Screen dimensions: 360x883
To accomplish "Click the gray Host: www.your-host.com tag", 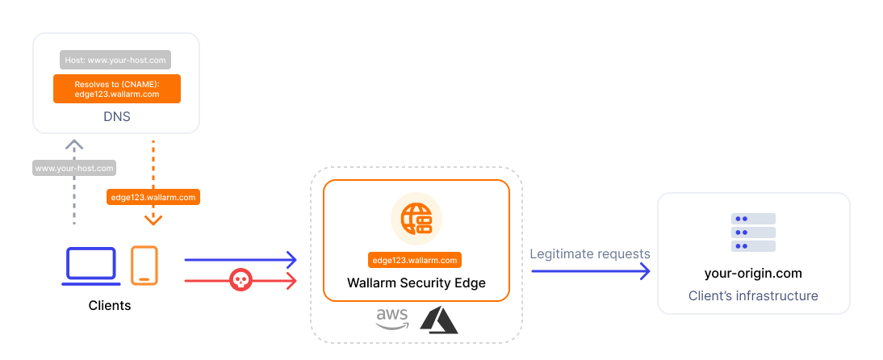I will (x=116, y=60).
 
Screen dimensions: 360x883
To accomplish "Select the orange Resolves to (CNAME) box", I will (x=117, y=89).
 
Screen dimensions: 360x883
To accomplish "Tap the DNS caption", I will (x=117, y=117).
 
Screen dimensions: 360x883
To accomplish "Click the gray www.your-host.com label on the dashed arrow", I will (x=74, y=169).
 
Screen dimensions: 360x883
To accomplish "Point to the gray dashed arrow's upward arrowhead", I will (x=74, y=144).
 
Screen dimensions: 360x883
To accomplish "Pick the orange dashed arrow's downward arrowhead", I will (x=153, y=220).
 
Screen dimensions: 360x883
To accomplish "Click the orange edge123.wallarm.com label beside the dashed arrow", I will (x=153, y=196).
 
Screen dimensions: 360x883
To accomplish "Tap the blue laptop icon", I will (x=92, y=266).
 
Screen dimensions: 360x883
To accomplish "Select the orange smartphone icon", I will (x=144, y=266).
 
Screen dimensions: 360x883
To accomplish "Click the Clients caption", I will (x=110, y=306).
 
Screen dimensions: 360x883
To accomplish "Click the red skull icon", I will (x=240, y=280).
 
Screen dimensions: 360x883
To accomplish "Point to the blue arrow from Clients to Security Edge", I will (x=241, y=260).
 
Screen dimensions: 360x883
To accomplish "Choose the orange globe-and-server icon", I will (x=416, y=219).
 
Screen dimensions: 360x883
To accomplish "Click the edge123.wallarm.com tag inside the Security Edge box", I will (x=416, y=260).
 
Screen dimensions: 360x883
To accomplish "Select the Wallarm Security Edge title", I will (x=416, y=283).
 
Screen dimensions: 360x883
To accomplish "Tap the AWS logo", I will (x=392, y=320).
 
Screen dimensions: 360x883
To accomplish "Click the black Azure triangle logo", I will (x=438, y=320).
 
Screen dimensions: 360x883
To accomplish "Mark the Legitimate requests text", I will (x=590, y=253).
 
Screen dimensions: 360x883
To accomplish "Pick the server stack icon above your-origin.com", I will (x=753, y=232).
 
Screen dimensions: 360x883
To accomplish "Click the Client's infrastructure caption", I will (x=753, y=296).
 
